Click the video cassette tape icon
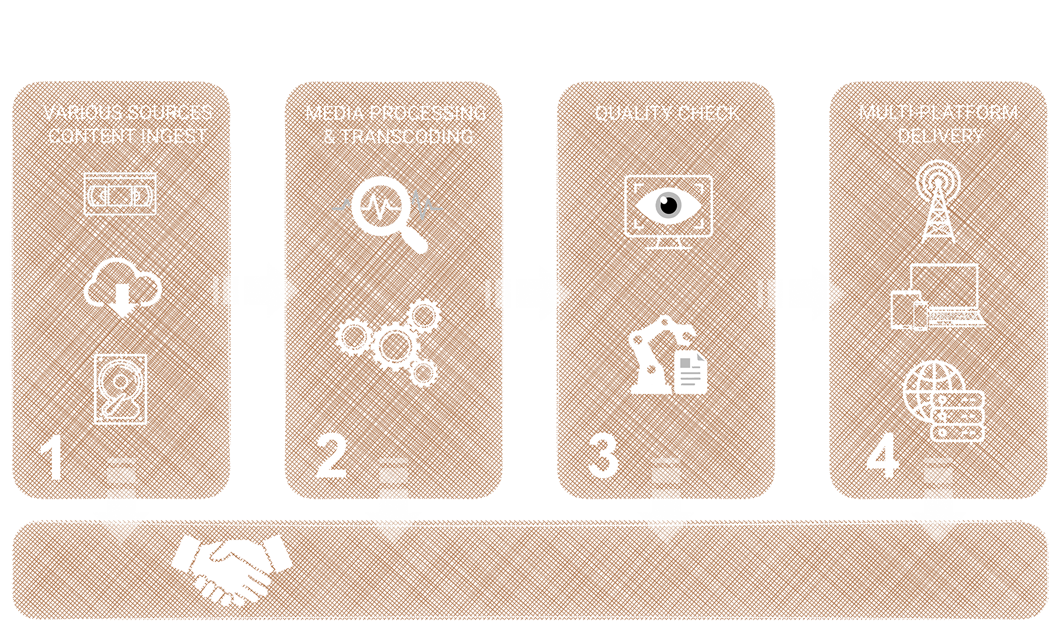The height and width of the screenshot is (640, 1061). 120,194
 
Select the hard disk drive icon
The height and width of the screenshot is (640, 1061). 120,389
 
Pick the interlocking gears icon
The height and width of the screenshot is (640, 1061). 389,343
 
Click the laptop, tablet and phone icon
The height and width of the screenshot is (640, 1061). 938,297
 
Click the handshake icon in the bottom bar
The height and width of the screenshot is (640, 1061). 232,569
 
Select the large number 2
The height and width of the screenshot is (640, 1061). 331,456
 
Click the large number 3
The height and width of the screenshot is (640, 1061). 603,456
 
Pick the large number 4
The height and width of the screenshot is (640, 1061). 883,456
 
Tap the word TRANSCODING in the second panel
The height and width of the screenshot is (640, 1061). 407,136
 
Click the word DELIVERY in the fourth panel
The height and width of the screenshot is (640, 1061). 941,136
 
